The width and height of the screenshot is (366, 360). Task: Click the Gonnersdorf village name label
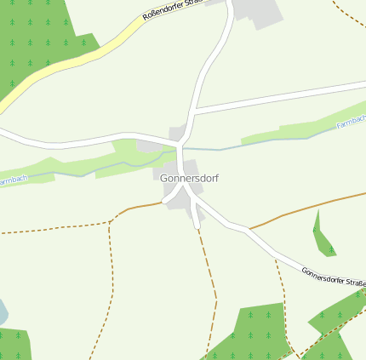(x=189, y=178)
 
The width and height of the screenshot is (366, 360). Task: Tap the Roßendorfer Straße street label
(x=174, y=11)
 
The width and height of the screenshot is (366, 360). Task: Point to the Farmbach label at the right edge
(x=350, y=123)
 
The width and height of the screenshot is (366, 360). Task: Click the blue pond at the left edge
(x=3, y=313)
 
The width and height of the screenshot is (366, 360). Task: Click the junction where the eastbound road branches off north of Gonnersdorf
(x=194, y=111)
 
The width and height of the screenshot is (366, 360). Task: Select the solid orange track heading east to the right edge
(x=306, y=209)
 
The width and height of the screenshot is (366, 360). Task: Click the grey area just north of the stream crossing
(x=178, y=133)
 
